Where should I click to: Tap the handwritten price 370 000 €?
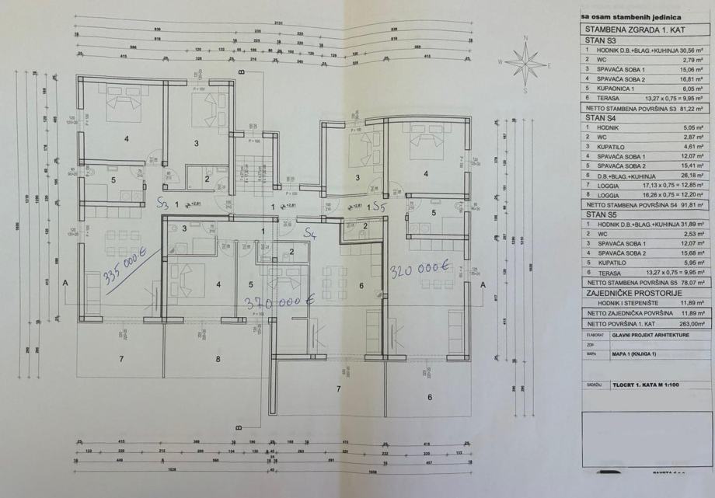pyautogui.click(x=279, y=301)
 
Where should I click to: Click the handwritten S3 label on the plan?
pyautogui.click(x=162, y=204)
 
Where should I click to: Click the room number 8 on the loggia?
pyautogui.click(x=218, y=359)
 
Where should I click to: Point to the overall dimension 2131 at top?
pyautogui.click(x=277, y=22)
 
